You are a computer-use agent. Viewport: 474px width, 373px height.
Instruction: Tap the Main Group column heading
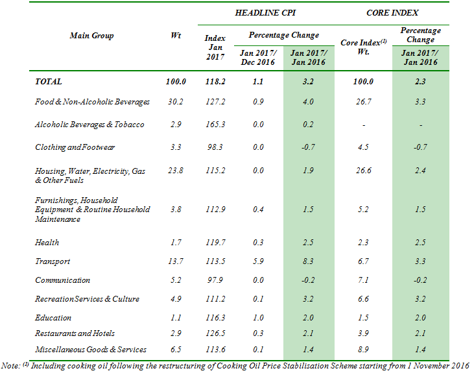coord(91,36)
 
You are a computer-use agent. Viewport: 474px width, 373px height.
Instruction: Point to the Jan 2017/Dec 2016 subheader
coord(257,58)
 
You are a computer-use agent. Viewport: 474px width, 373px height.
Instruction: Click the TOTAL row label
coord(49,82)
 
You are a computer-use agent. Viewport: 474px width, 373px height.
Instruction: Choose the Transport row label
coord(53,261)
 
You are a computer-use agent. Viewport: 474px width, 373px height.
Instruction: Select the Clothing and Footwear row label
coord(75,147)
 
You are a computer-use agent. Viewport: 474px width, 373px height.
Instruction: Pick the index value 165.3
coord(215,125)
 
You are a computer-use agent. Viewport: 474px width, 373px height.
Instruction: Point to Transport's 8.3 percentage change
coord(308,261)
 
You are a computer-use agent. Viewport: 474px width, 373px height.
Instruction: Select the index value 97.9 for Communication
coord(215,280)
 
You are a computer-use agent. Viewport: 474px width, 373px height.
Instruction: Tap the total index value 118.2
coord(215,82)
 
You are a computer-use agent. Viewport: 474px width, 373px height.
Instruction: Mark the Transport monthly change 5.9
coord(257,261)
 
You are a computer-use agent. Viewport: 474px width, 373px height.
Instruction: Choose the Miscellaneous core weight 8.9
coord(364,350)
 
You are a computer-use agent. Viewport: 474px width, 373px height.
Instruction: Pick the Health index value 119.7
coord(215,243)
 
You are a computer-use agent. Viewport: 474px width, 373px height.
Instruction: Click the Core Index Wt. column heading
coord(363,47)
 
